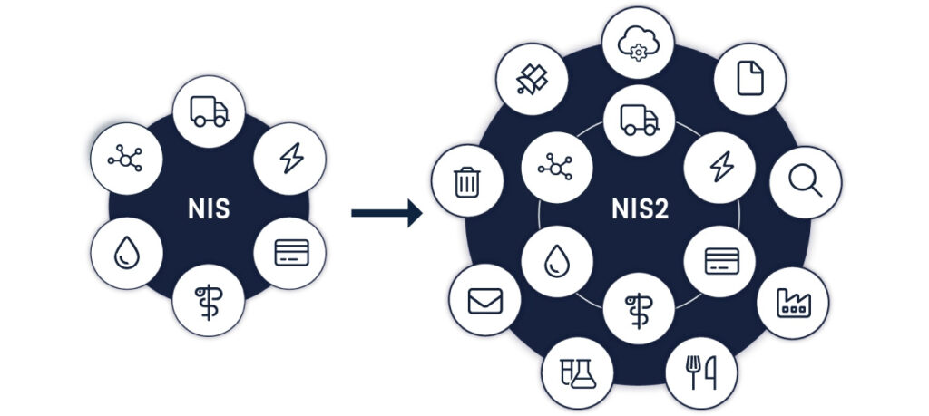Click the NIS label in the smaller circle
(x=210, y=209)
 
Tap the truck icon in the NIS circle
(x=210, y=111)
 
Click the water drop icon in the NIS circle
(x=125, y=254)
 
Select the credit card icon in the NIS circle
(x=292, y=254)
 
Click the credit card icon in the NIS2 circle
(x=722, y=261)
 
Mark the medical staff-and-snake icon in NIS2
(x=639, y=306)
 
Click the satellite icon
(x=533, y=79)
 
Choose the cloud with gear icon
(x=639, y=44)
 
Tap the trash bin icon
(x=466, y=182)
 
